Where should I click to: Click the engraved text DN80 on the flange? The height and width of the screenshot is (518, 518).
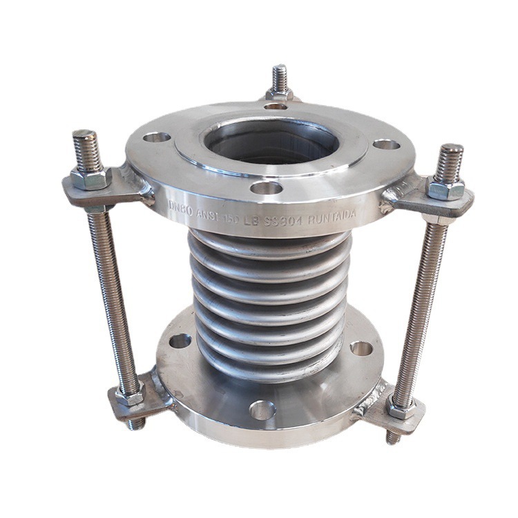182,206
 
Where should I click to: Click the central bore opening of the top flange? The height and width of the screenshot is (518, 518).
272,142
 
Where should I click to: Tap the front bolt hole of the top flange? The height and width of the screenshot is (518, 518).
267,188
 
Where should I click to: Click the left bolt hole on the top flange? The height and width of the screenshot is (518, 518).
157,137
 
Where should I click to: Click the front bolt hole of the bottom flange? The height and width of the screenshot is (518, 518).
262,410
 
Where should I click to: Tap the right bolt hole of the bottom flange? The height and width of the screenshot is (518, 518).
361,347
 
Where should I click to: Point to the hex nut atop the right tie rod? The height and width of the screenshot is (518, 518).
444,189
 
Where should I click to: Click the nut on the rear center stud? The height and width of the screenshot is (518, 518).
279,95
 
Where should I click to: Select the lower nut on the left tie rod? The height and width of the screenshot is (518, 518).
128,396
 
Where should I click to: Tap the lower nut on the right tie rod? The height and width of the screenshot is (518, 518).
399,407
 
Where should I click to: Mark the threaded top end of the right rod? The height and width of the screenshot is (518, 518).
451,162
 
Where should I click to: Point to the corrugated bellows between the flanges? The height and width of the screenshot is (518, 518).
269,297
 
